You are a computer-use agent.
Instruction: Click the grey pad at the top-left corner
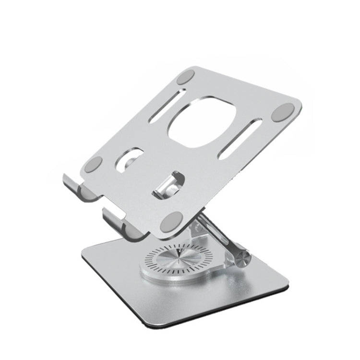pos(186,77)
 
